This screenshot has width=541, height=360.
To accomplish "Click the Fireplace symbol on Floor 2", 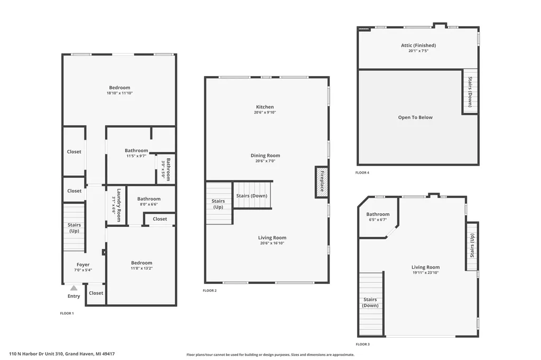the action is [322, 182].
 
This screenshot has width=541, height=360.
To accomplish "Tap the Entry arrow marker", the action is [74, 288].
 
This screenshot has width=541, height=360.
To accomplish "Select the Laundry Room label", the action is [119, 205].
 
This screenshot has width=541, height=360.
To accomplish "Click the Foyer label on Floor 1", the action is [83, 264].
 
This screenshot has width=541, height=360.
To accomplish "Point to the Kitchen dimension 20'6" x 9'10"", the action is [265, 112].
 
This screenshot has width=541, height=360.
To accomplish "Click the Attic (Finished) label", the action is [418, 45].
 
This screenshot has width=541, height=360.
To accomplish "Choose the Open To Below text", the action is [415, 117].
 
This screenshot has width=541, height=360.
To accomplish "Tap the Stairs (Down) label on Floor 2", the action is [252, 195].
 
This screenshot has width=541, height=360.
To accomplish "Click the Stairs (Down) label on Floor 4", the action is [470, 92].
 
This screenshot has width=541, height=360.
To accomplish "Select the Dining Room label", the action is [265, 156].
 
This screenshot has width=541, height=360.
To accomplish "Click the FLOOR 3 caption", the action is [362, 344].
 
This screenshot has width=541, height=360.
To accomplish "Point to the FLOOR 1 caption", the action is [67, 313].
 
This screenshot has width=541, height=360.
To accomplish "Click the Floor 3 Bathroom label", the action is [378, 214].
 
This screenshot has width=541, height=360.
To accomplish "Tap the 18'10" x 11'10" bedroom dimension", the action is [120, 93].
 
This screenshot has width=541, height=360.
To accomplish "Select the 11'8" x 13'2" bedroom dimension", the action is [142, 268].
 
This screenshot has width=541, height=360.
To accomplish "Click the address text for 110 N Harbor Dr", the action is [62, 354].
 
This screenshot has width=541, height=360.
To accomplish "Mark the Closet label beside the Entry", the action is [96, 293].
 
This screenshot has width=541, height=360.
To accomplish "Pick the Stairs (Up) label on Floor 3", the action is [472, 245].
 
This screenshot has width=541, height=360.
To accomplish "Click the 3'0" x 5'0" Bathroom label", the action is [165, 169].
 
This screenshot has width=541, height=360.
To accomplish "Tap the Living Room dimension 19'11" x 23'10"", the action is [425, 273].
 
